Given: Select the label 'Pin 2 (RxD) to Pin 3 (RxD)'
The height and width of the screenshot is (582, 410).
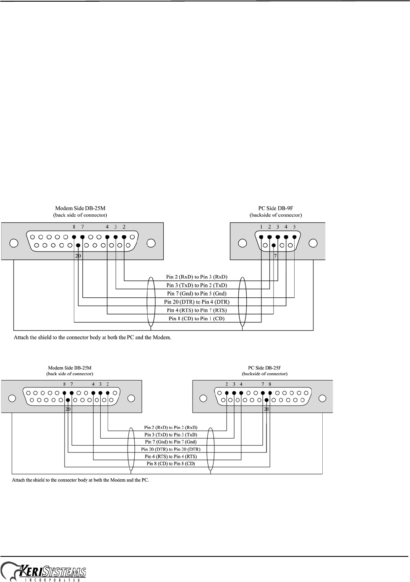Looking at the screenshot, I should coord(196,277).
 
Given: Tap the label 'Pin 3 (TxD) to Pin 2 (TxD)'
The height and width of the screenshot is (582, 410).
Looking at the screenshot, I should coord(196,285).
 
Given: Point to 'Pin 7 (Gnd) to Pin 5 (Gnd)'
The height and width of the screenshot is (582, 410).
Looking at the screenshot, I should coord(196,294).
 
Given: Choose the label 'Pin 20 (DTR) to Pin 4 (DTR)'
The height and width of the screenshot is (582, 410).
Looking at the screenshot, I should coord(196,302).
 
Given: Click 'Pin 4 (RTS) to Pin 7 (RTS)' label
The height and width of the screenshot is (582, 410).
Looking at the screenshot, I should coord(196,310).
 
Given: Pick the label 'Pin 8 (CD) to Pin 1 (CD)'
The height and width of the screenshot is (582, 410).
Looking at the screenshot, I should coord(196,319).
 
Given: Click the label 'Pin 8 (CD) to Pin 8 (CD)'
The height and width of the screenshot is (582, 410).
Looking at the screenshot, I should coord(171,463).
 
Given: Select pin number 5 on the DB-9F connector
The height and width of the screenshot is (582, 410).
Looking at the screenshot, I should coord(294,227).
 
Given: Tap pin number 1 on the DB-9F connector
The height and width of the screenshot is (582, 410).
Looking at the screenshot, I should coord(261,227).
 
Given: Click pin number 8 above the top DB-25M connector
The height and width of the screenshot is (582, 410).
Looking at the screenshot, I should coord(74,227).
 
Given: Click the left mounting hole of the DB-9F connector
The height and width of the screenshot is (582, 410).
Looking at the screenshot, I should coord(242,244).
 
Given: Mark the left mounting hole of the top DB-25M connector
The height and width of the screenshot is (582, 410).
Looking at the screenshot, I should coord(14,244).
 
